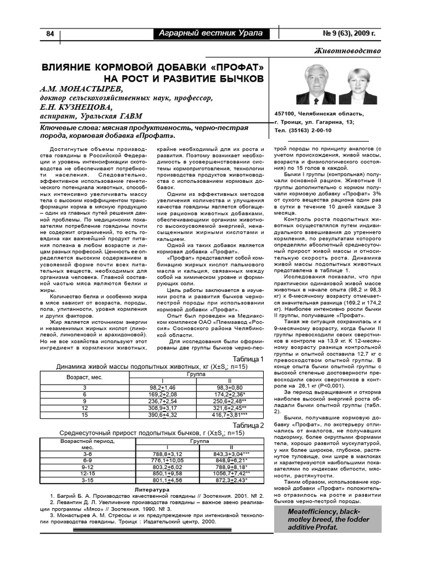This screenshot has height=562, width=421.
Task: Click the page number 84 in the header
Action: (49, 34)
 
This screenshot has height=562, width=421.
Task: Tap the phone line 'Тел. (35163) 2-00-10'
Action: (303, 131)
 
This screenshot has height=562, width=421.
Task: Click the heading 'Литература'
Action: (152, 489)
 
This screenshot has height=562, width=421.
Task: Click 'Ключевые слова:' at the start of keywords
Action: (69, 127)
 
